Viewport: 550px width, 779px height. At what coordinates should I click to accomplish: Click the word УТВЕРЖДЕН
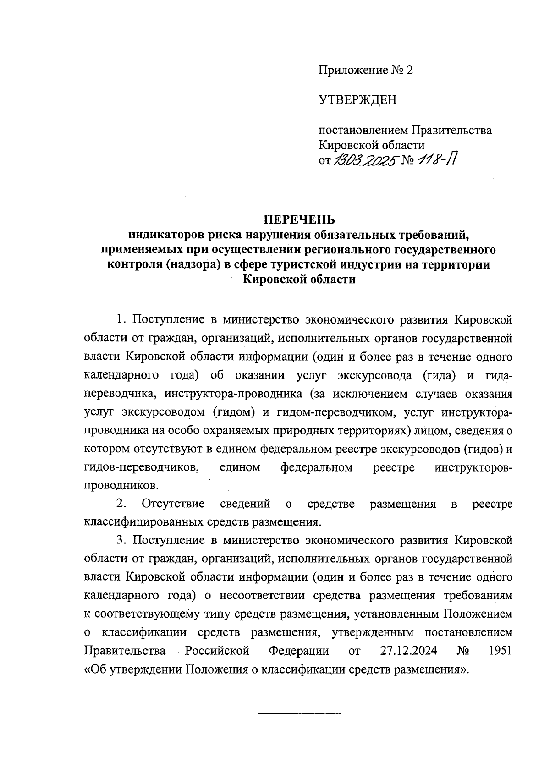[x=357, y=100]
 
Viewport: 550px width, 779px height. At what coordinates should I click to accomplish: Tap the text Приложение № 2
[x=366, y=70]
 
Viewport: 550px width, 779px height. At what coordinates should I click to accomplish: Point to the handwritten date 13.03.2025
[x=365, y=160]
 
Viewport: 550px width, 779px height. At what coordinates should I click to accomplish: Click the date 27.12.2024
[x=408, y=651]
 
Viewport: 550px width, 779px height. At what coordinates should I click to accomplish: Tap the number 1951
[x=500, y=651]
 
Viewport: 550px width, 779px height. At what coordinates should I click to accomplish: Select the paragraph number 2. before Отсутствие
[x=121, y=504]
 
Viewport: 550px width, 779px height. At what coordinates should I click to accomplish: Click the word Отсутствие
[x=173, y=504]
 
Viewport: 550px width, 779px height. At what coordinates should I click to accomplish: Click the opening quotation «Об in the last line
[x=94, y=669]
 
